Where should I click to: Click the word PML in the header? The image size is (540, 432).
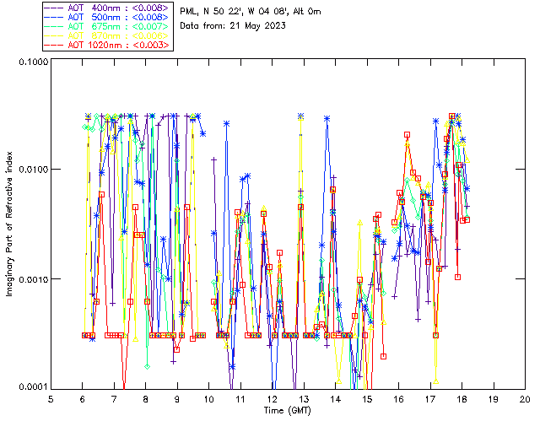[x=190, y=12]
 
